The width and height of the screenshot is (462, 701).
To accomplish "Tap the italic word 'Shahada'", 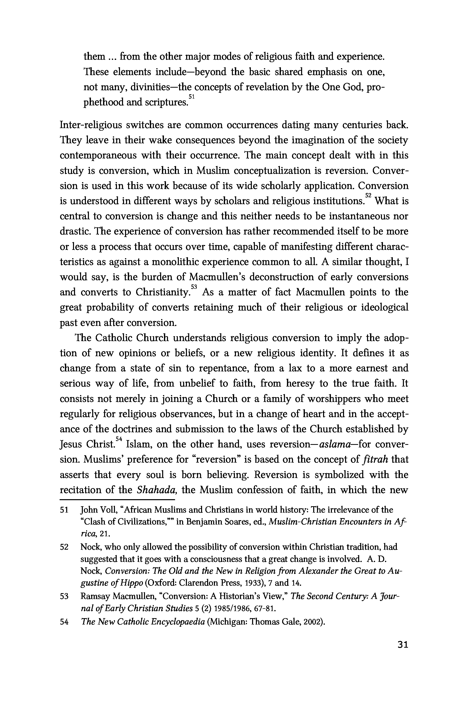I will tap(157, 490).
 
